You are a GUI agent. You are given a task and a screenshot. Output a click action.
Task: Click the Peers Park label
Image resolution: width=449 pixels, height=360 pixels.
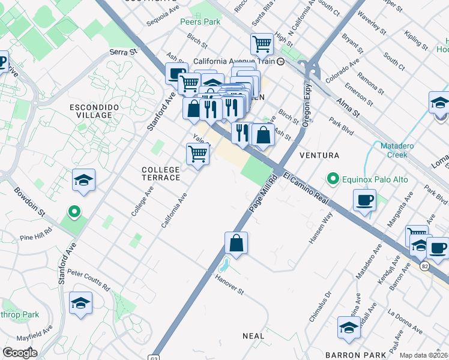coord(200,22)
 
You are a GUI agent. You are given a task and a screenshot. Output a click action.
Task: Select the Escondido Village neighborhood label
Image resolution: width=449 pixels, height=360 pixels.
coord(91,110)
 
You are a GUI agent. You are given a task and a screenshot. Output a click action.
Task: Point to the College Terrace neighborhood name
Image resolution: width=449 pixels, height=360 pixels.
coord(160,173)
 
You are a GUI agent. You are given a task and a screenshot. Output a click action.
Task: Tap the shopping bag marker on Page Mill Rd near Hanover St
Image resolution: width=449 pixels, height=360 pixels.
coord(237,243)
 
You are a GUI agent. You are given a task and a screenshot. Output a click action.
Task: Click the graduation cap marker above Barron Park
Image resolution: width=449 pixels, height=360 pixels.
coord(348,328)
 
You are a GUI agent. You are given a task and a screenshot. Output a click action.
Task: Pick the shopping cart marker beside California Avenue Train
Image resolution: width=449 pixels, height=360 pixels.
coord(262,43)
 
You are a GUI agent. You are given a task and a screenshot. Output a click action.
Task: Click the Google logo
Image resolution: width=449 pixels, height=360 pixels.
coord(20,353)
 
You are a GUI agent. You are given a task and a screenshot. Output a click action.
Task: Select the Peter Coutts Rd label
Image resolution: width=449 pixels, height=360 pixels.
coord(88,280)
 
